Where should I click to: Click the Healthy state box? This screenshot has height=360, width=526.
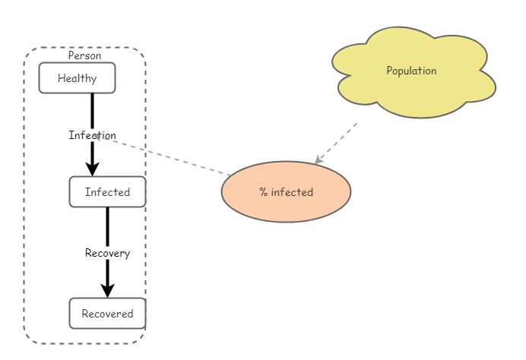click(77, 77)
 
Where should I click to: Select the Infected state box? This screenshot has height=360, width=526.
click(107, 191)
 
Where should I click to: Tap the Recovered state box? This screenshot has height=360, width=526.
click(107, 313)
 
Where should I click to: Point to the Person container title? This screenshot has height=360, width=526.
click(84, 55)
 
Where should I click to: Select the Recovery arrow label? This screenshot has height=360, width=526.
click(107, 253)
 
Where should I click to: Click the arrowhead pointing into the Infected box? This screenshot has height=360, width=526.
click(92, 169)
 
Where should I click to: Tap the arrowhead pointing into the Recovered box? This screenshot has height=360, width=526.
click(107, 289)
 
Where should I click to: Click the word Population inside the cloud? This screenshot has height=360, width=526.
click(411, 71)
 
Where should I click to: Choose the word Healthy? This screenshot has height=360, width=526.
click(77, 77)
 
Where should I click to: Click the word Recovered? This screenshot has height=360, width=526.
click(107, 314)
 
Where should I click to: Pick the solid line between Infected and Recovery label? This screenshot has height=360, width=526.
click(107, 226)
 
